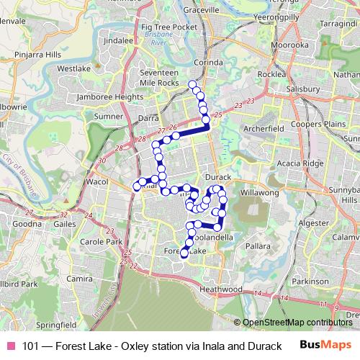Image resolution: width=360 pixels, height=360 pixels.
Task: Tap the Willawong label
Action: coord(260,193)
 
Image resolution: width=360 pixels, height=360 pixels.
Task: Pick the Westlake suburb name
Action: coord(74,69)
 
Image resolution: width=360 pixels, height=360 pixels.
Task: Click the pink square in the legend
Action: coord(11,345)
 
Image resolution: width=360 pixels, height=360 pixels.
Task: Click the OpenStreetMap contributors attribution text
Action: coord(296,323)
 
